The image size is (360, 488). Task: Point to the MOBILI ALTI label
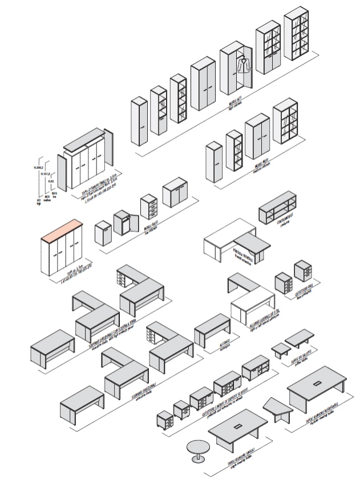(234, 102)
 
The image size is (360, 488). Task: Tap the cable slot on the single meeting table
(237, 427)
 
